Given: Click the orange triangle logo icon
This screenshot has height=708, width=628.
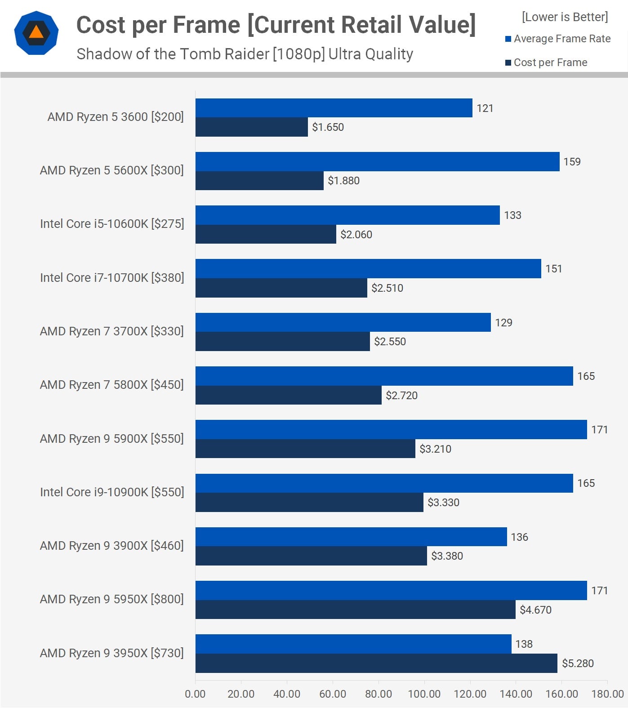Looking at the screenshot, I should click(36, 33).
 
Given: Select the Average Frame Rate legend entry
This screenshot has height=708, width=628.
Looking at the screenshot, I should click(557, 39).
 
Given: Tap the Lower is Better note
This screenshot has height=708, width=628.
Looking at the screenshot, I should click(565, 17).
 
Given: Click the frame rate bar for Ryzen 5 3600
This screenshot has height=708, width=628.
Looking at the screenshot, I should click(334, 108).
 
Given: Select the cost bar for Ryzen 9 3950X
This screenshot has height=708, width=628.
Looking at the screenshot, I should click(376, 663).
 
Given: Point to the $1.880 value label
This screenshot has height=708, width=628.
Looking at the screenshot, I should click(343, 181).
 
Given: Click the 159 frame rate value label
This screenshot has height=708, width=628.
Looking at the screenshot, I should click(572, 162).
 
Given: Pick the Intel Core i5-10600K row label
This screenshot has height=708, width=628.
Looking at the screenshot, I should click(112, 224).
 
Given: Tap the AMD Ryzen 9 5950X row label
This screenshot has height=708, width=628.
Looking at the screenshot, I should click(111, 599).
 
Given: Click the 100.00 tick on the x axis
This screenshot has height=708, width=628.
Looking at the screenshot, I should click(424, 694).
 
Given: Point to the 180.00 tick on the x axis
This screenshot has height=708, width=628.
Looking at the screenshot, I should click(607, 694).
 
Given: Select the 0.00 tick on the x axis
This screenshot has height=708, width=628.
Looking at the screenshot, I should click(195, 694).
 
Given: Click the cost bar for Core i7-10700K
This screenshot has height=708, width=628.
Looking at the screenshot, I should click(281, 288).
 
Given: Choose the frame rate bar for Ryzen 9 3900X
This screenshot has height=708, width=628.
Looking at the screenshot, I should click(351, 537).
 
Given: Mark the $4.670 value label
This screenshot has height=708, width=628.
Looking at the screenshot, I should click(535, 610).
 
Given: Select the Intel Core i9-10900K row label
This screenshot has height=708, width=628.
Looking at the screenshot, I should click(112, 492).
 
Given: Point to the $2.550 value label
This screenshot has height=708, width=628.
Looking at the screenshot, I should click(390, 342).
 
